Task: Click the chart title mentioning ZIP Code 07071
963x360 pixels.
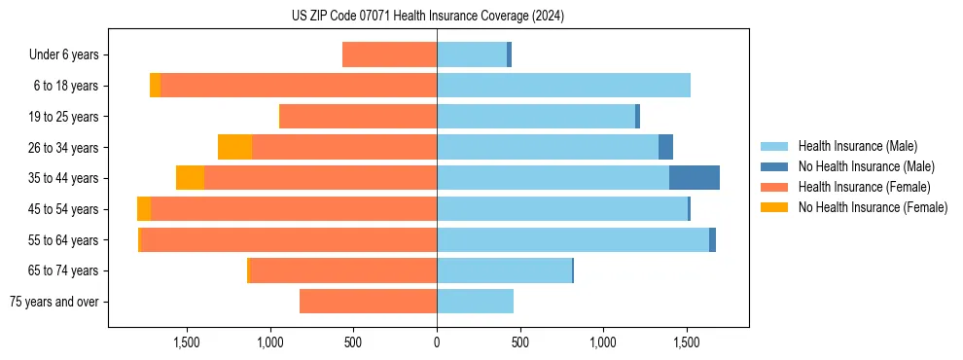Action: [x=427, y=17]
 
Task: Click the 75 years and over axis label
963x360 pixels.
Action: [x=53, y=302]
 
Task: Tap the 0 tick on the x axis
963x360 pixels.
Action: [x=437, y=342]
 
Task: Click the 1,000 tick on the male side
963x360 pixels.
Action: [x=603, y=342]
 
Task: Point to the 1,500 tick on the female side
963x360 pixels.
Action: [x=187, y=342]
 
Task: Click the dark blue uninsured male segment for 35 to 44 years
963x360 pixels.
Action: [x=695, y=178]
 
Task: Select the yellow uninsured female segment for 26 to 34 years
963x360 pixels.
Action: [x=234, y=147]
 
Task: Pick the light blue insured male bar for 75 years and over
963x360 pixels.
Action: [x=475, y=302]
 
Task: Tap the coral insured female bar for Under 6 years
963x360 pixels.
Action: [x=389, y=54]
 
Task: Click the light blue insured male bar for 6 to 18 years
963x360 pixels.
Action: [x=563, y=86]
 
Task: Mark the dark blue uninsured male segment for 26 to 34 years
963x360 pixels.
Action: [x=665, y=147]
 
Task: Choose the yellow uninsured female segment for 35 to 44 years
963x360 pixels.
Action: [x=190, y=178]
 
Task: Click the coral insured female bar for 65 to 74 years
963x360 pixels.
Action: [x=343, y=270]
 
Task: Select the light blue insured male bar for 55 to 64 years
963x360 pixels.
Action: [x=573, y=239]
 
